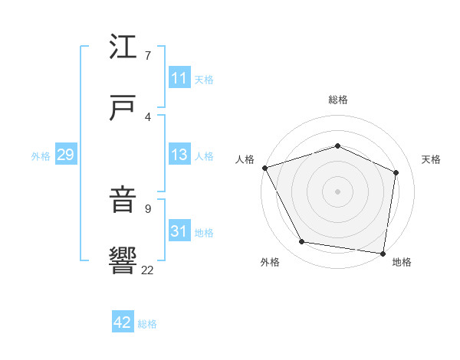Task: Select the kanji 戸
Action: point(124,106)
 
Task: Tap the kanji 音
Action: point(124,201)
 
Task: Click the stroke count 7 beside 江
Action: point(147,56)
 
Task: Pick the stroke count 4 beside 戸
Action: point(147,116)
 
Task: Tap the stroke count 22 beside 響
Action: point(147,270)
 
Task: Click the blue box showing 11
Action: point(179,78)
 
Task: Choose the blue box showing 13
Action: point(179,155)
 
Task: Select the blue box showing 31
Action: point(179,231)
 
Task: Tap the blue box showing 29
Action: point(65,155)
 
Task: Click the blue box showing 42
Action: point(123,322)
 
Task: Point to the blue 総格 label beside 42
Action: point(147,324)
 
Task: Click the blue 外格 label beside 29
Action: point(41,156)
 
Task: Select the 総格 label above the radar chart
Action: point(337,100)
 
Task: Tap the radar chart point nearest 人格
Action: point(264,168)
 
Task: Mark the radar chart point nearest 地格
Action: point(383,253)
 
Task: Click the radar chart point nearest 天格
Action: point(396,172)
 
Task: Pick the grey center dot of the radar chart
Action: point(337,191)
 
